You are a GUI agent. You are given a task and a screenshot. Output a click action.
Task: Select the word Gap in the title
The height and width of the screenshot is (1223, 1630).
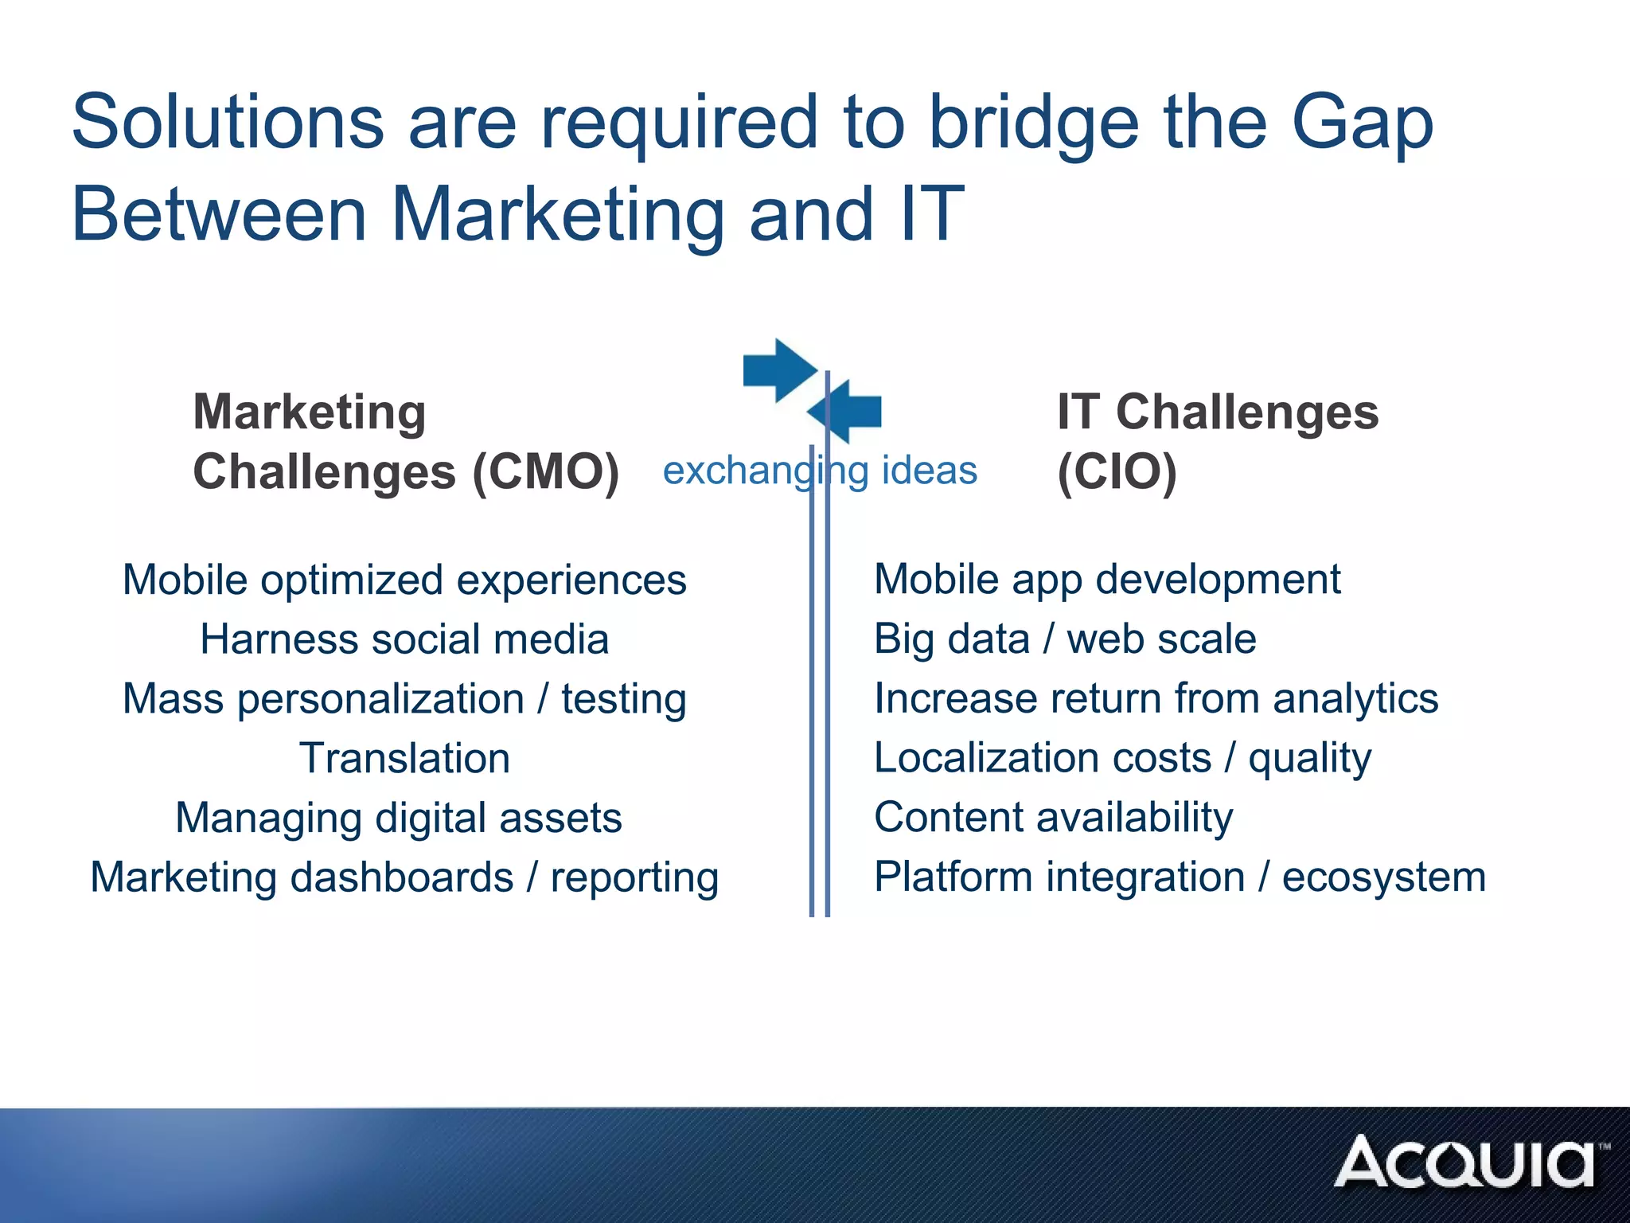click(x=1362, y=123)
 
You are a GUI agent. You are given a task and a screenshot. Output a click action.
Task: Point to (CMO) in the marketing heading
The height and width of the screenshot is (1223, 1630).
click(x=545, y=472)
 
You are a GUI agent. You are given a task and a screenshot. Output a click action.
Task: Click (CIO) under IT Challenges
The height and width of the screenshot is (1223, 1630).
click(x=1117, y=472)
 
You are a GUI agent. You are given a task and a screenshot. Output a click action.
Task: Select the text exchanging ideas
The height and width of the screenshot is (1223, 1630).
click(x=820, y=471)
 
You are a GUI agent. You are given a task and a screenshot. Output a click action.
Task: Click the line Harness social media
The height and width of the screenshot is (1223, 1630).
click(x=404, y=639)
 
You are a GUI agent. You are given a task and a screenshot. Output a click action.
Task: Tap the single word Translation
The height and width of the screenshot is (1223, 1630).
click(x=404, y=758)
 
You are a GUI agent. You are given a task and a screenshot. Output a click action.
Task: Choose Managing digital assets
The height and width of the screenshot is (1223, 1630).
click(x=399, y=818)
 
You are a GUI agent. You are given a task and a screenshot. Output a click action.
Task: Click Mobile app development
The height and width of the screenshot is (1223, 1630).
click(x=1106, y=580)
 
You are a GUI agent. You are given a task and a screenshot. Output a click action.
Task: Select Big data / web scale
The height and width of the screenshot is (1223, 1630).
click(x=1065, y=639)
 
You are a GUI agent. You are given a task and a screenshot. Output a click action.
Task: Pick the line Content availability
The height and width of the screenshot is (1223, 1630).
click(x=1053, y=818)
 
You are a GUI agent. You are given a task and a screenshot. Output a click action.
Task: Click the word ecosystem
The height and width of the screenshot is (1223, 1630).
click(x=1384, y=877)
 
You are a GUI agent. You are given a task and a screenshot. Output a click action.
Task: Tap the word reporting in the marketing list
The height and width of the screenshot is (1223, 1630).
click(x=634, y=878)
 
